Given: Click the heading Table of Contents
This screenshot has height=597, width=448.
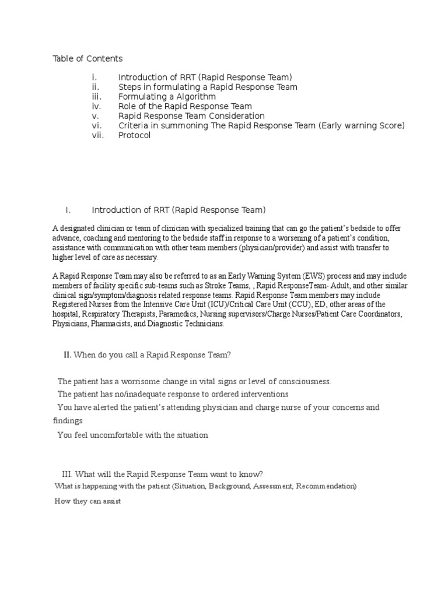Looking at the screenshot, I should tap(87, 58).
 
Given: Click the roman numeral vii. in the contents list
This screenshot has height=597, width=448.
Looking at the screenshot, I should tap(97, 135).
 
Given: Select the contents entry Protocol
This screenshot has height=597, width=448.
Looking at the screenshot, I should tap(134, 135).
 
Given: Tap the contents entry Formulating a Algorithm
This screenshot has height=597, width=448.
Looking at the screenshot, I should tap(167, 96).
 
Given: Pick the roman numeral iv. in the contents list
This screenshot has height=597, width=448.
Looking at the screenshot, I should tap(96, 106).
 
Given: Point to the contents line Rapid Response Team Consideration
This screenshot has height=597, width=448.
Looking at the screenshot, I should tap(191, 116).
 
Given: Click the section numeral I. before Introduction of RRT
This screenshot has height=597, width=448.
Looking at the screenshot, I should tap(68, 210).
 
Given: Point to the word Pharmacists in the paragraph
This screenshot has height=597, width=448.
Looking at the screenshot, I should tap(113, 324).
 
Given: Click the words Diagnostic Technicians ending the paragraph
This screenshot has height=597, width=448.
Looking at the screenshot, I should tap(187, 324).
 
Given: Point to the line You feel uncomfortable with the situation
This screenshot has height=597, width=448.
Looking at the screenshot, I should tap(132, 435).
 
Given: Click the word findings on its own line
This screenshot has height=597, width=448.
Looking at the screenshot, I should tap(68, 420).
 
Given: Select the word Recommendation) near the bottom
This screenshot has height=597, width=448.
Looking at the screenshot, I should tap(326, 486).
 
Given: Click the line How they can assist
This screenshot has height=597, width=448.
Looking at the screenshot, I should tap(87, 501).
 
